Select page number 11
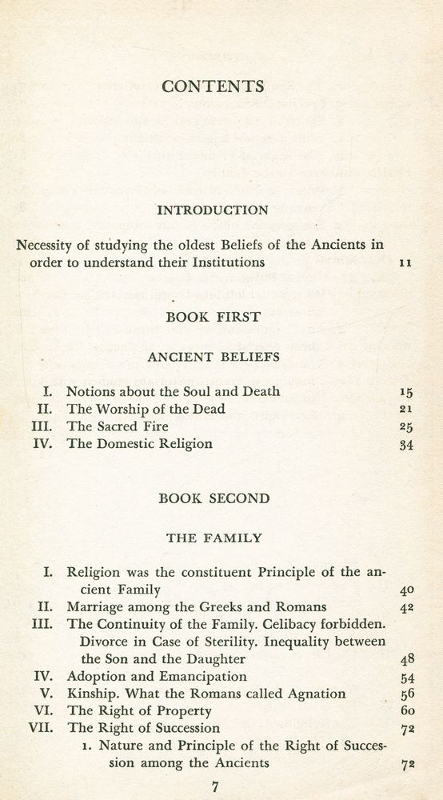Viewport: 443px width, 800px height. tap(405, 262)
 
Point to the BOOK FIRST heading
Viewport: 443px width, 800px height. tap(213, 317)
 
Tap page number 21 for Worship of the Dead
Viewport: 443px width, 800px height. tap(405, 409)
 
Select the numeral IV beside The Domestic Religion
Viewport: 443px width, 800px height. tap(44, 444)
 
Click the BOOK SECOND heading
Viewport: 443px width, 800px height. tap(214, 498)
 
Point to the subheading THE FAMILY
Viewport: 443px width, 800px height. tap(214, 538)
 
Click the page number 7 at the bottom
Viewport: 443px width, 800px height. tap(214, 786)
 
